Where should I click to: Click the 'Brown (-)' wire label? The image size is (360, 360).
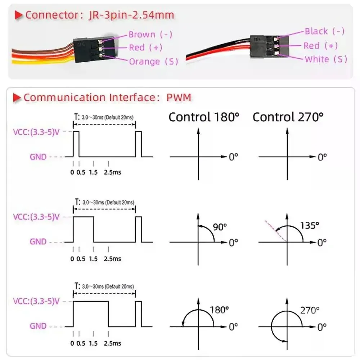150,35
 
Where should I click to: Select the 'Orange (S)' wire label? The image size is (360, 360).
153,61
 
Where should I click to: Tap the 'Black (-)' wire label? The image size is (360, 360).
324,31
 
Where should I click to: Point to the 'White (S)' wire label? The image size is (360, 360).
326,59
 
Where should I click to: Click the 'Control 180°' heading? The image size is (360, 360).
204,117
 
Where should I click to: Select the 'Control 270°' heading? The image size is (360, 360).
288,117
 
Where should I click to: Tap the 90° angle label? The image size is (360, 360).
220,227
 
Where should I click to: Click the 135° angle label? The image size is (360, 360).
310,226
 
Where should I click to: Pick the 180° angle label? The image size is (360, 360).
219,310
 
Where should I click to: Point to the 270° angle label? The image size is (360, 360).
310,310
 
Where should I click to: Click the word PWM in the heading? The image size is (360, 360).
179,98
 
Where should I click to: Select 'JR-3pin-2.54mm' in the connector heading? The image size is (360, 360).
131,15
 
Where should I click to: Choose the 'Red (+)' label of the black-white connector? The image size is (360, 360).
320,46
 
